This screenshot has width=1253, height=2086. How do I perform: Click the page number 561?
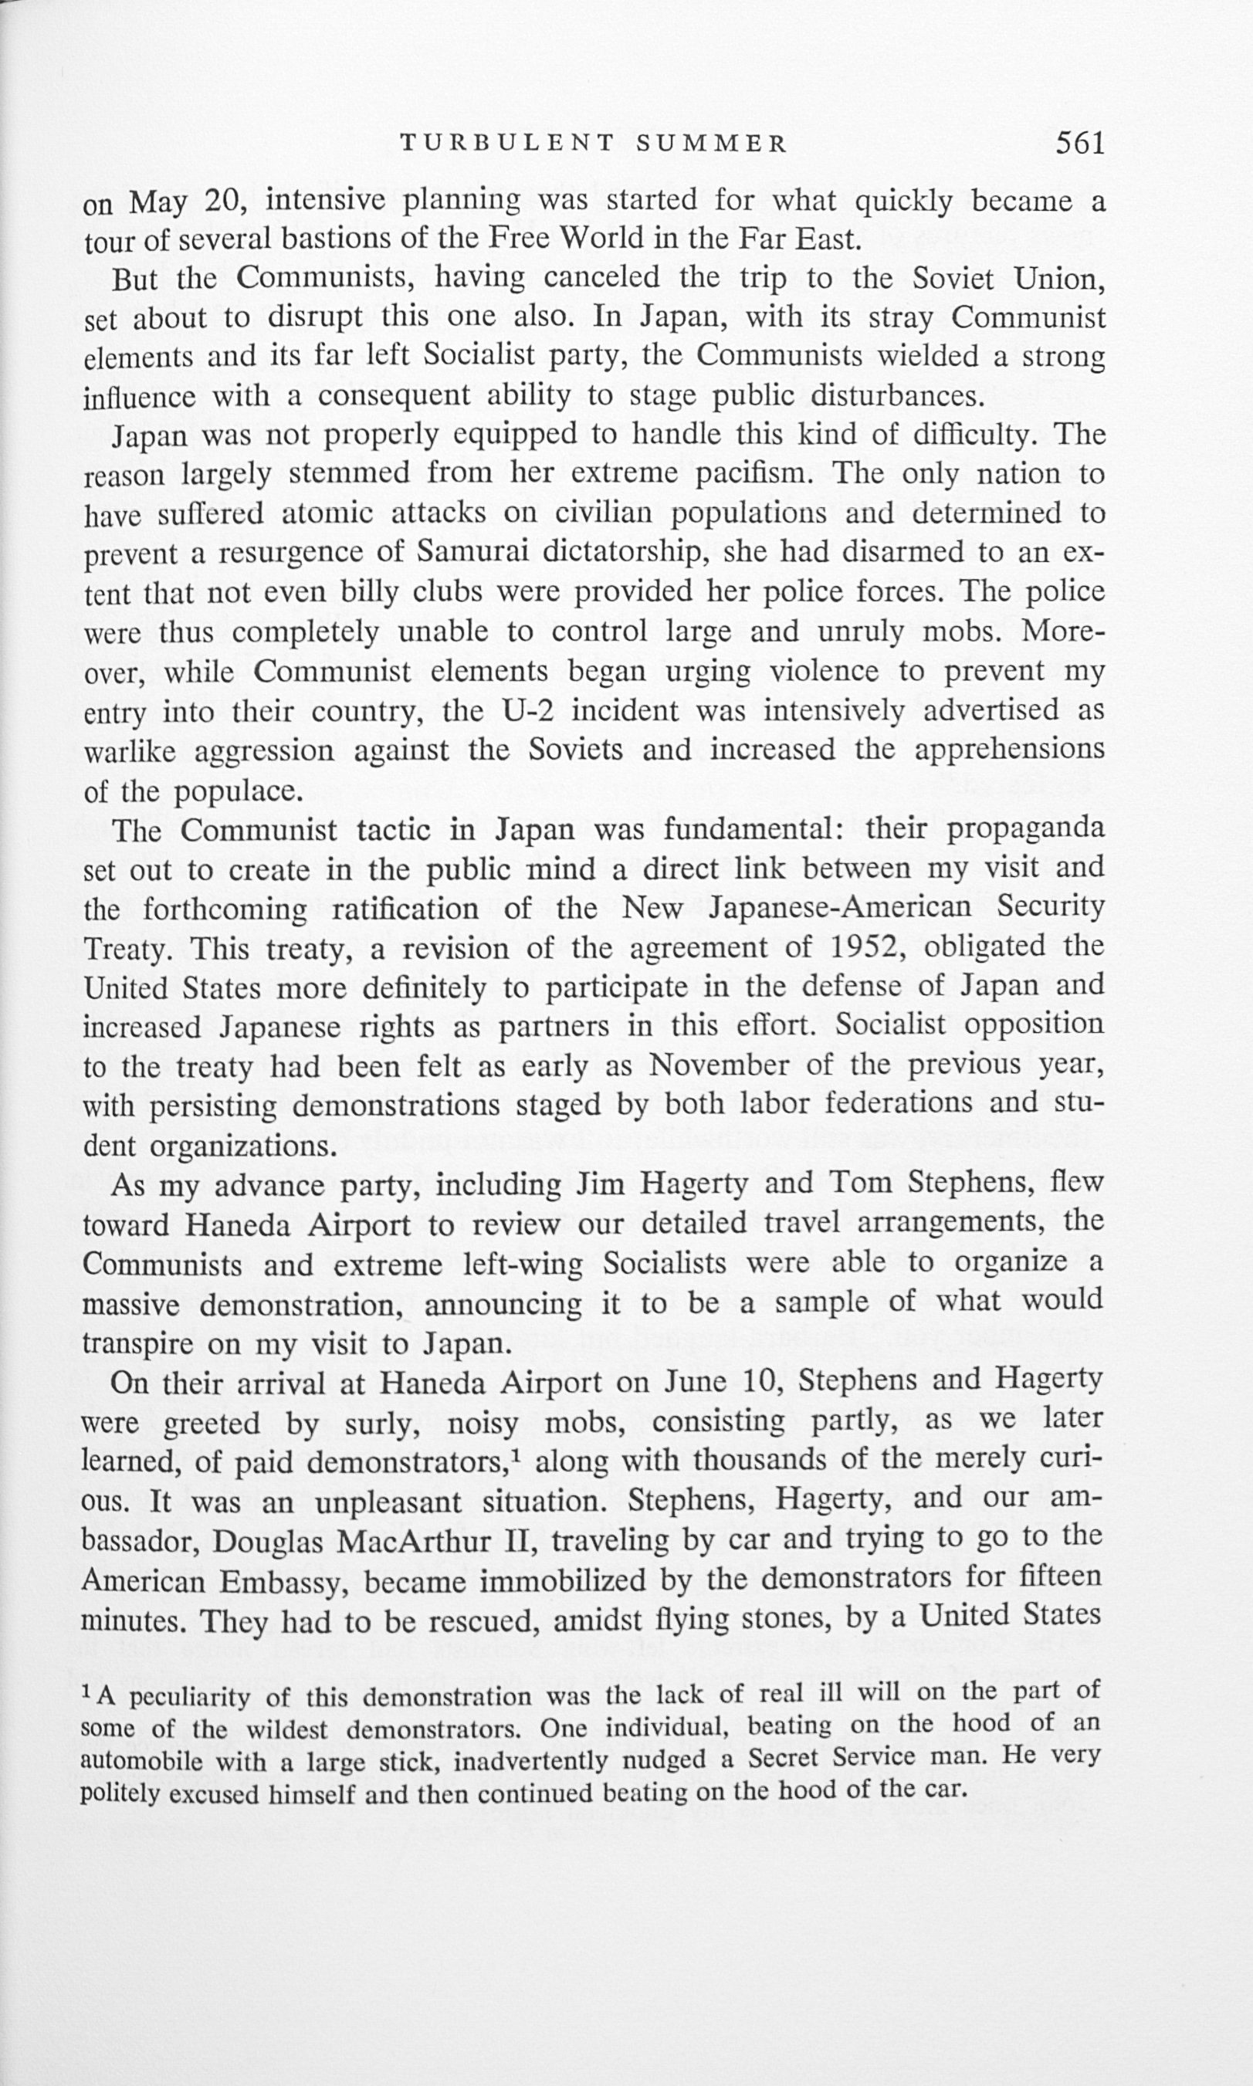1080,144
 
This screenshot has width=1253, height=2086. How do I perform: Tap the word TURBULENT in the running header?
507,144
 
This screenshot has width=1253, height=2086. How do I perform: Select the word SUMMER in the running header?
712,144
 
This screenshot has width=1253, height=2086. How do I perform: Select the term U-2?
528,711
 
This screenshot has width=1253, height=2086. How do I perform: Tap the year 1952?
869,947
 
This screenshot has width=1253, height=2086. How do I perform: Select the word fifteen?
1060,1576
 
